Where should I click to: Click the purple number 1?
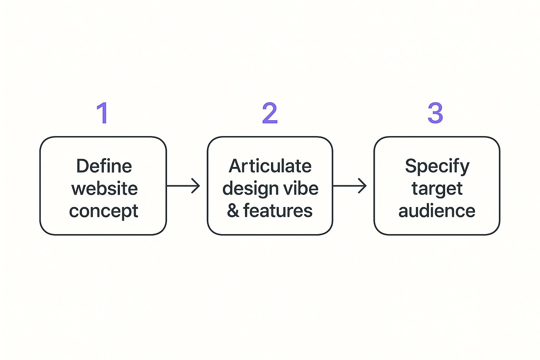103,113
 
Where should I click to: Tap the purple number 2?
270,113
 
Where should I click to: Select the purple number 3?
435,113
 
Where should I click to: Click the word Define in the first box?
104,166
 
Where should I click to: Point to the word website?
104,188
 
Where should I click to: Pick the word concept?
104,211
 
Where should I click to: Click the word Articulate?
270,166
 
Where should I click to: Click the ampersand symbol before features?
233,211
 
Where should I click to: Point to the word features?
278,211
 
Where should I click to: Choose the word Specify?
437,166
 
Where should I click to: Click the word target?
437,189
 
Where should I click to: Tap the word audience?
437,211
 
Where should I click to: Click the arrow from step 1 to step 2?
183,186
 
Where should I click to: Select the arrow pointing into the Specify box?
350,186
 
